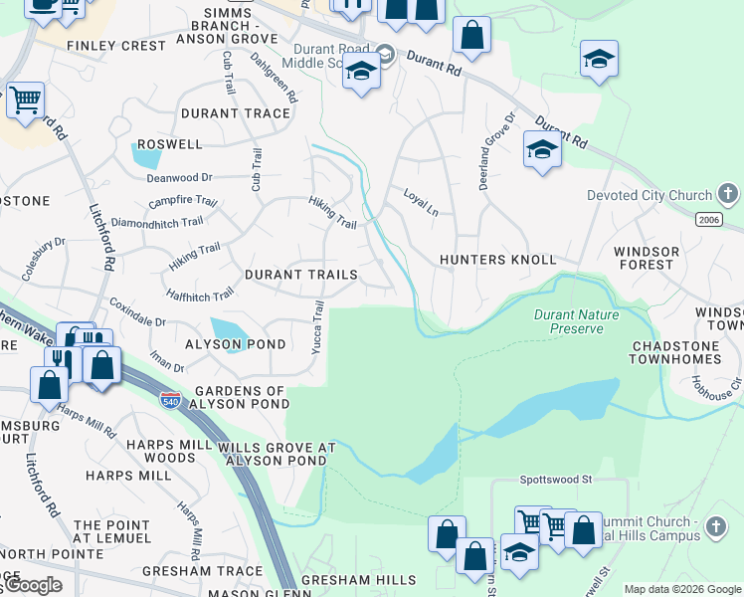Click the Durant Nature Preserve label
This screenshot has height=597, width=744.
(x=576, y=321)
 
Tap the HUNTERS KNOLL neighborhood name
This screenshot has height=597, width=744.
(x=498, y=260)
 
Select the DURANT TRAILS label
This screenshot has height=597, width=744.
(x=300, y=274)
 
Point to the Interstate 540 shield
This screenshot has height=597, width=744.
(x=170, y=401)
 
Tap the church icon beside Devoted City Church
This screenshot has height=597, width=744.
(x=728, y=195)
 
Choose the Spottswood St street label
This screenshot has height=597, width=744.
(x=555, y=479)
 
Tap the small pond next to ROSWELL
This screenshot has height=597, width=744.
(x=147, y=155)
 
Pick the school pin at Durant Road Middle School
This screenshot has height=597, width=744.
(x=362, y=73)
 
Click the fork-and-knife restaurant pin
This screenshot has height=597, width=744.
(x=61, y=361)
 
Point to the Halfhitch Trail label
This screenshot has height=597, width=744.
(x=201, y=294)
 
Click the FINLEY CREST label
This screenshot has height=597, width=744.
(x=115, y=46)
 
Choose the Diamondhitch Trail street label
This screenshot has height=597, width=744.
(x=165, y=223)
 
